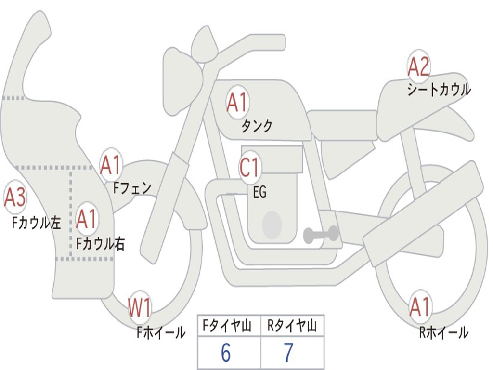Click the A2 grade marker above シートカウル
(x=418, y=66)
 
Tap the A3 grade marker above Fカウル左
(x=15, y=197)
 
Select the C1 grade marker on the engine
(x=249, y=167)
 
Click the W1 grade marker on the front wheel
(x=139, y=307)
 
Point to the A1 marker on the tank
(x=237, y=102)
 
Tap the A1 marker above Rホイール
(x=419, y=307)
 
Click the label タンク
(x=257, y=126)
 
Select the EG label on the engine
(x=259, y=192)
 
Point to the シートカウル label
(x=439, y=89)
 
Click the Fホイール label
(x=161, y=332)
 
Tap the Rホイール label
(x=444, y=332)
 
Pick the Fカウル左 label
(x=36, y=223)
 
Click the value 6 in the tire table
(x=226, y=353)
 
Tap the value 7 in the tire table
(x=289, y=353)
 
